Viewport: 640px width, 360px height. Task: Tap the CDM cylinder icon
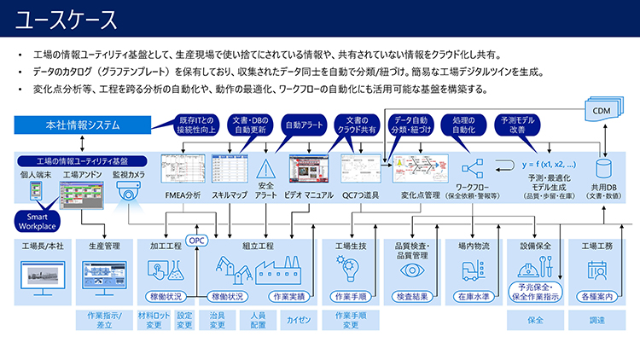coord(605,109)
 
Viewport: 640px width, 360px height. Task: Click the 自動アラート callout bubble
coord(303,125)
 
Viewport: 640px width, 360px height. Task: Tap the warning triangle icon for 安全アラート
coord(265,165)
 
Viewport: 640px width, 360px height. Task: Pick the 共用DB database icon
coord(605,167)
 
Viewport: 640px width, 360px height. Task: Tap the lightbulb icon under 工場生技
coord(350,270)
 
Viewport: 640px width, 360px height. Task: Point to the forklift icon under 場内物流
coord(473,270)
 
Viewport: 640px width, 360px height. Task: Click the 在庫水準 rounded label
coord(473,296)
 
